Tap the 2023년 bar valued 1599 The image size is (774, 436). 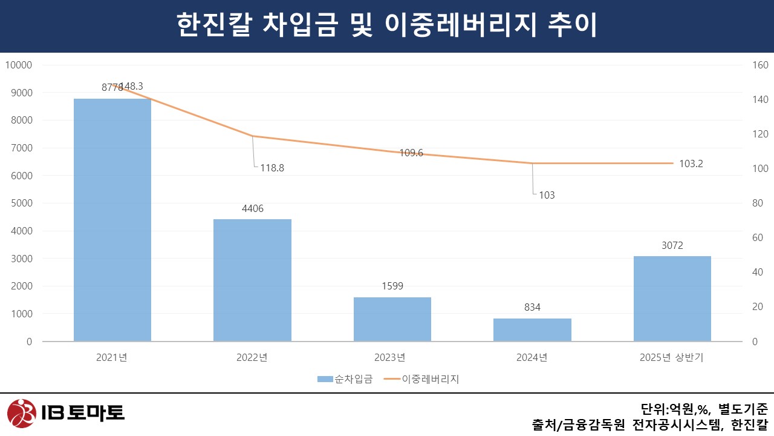click(392, 319)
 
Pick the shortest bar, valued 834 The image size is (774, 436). click(532, 329)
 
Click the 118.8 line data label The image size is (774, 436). click(272, 168)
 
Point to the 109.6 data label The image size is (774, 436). click(411, 153)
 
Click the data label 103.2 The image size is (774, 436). click(691, 163)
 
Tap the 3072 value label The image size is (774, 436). click(672, 246)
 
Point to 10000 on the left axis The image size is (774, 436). click(19, 65)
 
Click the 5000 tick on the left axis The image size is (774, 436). click(21, 203)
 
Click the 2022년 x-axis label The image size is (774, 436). click(252, 357)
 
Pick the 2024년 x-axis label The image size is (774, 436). click(532, 357)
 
